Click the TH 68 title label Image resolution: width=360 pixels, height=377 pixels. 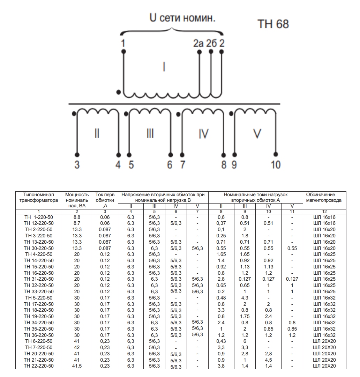(273, 24)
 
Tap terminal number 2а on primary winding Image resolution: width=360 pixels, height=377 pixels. (198, 44)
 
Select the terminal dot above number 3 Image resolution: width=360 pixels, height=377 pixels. (77, 154)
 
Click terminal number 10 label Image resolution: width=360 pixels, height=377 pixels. (276, 165)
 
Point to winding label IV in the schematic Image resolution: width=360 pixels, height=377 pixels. (203, 134)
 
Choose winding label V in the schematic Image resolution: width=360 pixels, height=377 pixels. (257, 134)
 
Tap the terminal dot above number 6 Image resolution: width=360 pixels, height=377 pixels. (171, 154)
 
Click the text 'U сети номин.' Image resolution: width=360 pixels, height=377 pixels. (182, 18)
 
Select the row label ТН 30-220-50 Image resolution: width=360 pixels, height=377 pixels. (39, 248)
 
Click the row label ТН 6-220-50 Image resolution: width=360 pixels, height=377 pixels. (39, 341)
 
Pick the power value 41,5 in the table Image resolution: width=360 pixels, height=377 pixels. (77, 366)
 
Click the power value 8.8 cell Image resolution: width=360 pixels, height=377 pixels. (77, 217)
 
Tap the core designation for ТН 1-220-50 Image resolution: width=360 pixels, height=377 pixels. (324, 217)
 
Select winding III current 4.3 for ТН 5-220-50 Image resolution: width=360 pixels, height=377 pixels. (245, 298)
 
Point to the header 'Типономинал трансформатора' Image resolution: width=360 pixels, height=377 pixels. (39, 197)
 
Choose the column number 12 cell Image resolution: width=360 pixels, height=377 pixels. (324, 212)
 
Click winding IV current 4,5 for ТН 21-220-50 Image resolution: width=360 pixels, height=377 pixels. (268, 360)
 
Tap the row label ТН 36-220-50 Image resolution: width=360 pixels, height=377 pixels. (39, 335)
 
